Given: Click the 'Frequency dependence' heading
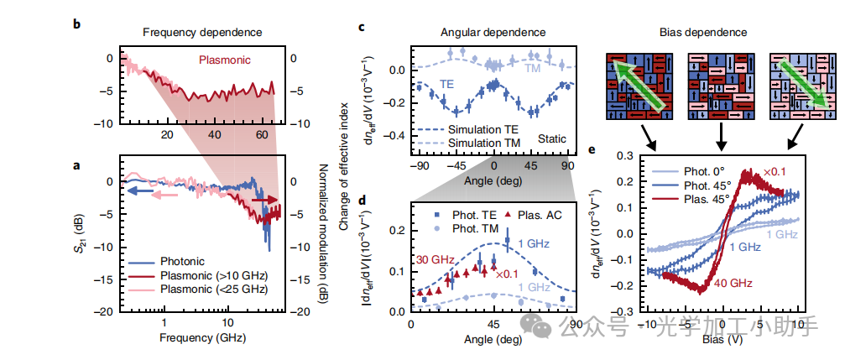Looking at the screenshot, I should click(x=201, y=32).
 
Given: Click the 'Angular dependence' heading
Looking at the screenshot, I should click(x=493, y=32).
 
